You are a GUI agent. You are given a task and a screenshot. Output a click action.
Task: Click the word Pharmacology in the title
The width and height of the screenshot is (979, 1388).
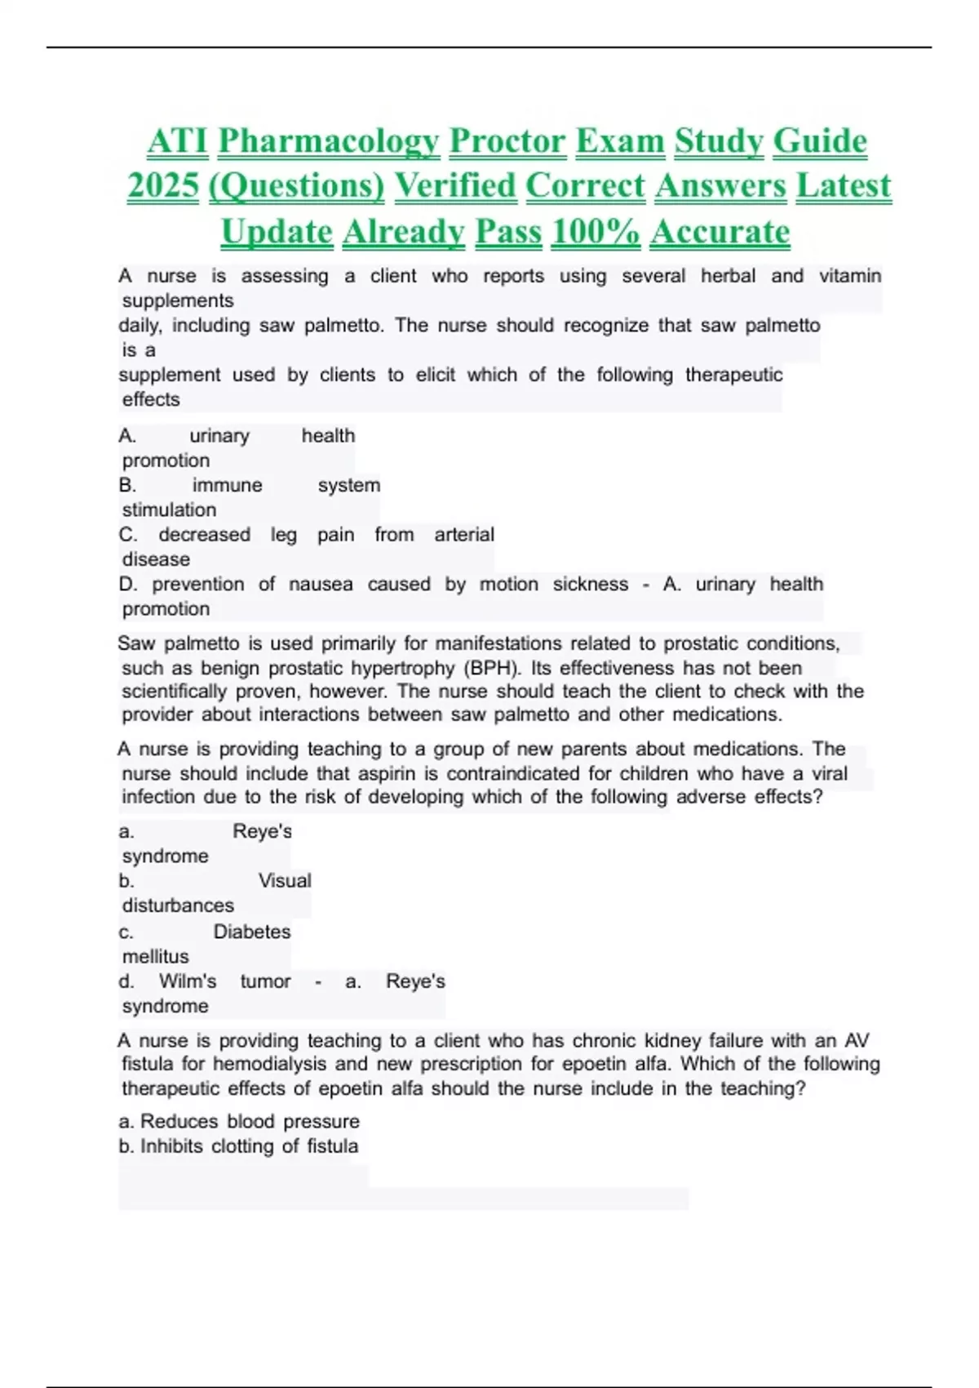pos(329,141)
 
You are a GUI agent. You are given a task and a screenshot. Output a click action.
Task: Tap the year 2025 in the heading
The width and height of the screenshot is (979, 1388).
pos(163,186)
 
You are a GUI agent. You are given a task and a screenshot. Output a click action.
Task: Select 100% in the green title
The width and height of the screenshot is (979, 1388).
pos(596,232)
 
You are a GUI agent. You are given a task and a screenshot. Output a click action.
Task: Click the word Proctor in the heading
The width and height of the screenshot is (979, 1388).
pos(507,141)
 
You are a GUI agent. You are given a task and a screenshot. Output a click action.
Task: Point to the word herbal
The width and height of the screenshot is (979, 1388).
pos(728,276)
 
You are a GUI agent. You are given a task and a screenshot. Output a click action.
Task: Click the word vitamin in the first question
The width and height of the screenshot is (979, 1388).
pos(850,276)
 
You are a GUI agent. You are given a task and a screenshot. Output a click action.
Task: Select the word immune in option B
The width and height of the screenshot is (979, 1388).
pos(227,485)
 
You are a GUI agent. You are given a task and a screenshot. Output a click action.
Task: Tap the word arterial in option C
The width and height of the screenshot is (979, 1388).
pos(464,535)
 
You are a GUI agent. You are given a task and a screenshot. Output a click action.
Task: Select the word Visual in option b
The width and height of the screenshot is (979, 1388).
pos(285,881)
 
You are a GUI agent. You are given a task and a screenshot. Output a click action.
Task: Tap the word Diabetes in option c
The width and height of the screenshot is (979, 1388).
pos(252,932)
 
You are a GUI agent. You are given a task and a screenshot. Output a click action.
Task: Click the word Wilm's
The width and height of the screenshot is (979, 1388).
pos(188,981)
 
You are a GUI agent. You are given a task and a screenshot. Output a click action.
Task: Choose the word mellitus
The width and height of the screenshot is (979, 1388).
pos(155,957)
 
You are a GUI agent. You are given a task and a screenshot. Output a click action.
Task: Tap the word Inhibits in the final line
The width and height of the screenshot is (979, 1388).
pos(171,1146)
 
